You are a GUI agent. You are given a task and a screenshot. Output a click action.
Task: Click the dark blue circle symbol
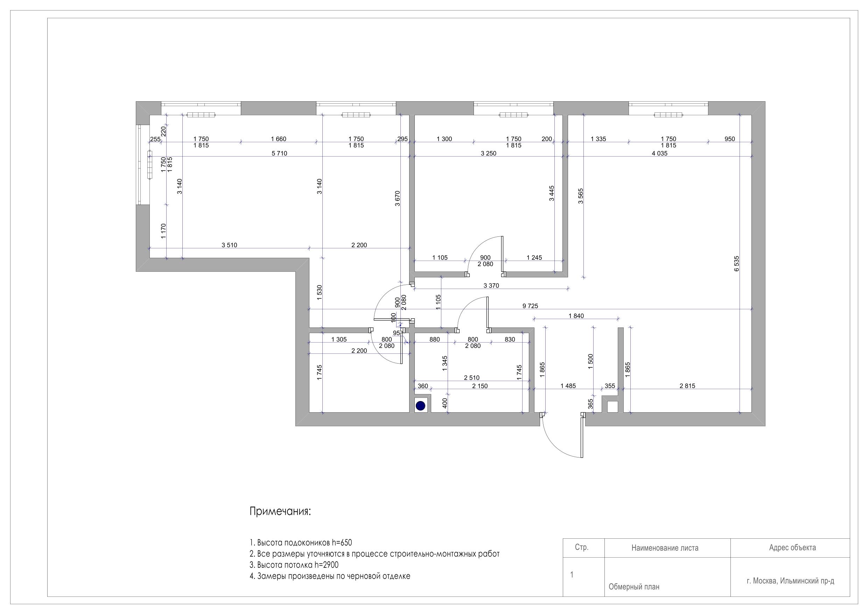(420, 406)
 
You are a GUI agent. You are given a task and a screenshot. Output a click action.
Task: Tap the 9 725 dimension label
(530, 306)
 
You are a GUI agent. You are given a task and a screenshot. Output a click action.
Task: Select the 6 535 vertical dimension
(736, 264)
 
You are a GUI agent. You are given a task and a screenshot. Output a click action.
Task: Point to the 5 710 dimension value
(279, 153)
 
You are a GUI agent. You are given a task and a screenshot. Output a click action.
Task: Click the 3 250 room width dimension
(489, 153)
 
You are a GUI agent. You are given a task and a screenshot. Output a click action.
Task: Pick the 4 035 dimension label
(660, 153)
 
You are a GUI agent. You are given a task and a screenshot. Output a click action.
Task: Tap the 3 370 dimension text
(491, 285)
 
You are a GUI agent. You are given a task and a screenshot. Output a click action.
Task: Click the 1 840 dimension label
(576, 316)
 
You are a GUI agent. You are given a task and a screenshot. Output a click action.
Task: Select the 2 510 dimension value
(471, 378)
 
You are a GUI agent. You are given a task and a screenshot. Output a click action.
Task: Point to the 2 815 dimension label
(687, 386)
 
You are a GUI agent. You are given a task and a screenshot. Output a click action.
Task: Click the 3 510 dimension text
(229, 245)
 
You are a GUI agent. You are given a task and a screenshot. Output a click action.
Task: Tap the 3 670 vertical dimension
(397, 199)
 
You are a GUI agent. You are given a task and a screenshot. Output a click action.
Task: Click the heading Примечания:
(280, 512)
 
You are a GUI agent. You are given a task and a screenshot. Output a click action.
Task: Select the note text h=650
(342, 543)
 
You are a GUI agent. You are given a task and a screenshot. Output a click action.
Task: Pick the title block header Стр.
(581, 547)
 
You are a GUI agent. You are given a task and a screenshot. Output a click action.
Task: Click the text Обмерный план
(634, 587)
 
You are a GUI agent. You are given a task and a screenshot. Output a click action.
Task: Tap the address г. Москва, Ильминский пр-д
(791, 581)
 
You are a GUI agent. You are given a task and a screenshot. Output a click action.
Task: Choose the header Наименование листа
(665, 548)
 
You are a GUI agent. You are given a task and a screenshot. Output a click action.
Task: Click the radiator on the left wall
(150, 164)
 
